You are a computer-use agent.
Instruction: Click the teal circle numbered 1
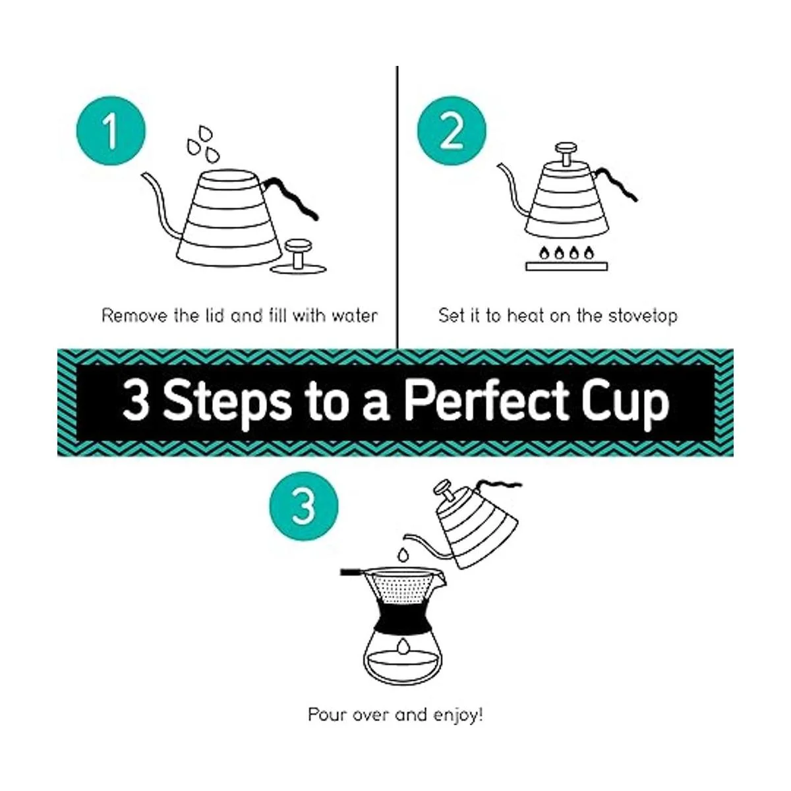tap(111, 131)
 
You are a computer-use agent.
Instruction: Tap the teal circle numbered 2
tap(452, 131)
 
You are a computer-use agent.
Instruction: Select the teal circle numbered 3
tap(304, 506)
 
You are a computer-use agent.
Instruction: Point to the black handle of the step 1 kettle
tap(292, 197)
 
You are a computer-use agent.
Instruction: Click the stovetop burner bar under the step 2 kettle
tap(566, 266)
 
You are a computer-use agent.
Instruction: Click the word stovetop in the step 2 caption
tap(643, 316)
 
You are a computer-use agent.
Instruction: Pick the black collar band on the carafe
tap(403, 617)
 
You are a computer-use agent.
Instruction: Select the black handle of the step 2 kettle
tap(616, 184)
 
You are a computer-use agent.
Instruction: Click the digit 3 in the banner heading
tap(136, 401)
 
